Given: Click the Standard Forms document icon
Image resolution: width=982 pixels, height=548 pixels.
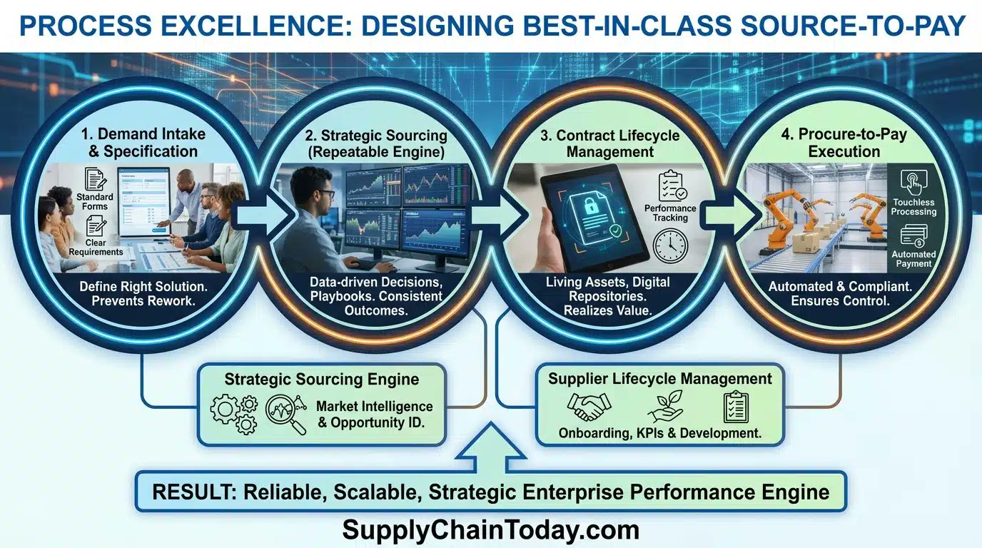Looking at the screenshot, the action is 95,180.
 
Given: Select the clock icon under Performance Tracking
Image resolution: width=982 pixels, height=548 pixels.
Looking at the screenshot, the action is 670,246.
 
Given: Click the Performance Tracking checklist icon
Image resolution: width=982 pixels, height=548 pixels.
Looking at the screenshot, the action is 672,186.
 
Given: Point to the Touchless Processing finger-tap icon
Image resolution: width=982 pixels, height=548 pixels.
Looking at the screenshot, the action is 913,183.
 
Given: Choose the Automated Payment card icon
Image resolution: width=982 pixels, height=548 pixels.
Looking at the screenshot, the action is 913,236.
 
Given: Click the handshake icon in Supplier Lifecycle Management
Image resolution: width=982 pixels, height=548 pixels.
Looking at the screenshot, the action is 589,407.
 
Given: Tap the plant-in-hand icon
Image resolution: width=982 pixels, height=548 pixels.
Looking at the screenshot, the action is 665,407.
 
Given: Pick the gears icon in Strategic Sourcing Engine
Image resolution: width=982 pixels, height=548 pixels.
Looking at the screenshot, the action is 233,415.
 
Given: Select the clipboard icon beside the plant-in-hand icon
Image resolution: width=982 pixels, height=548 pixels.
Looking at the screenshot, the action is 736,407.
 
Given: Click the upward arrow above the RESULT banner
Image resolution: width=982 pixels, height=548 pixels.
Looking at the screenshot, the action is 491,447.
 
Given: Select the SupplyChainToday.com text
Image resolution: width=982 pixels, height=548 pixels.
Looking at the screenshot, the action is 490,529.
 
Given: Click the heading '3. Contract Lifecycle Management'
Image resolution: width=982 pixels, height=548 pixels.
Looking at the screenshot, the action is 609,143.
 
